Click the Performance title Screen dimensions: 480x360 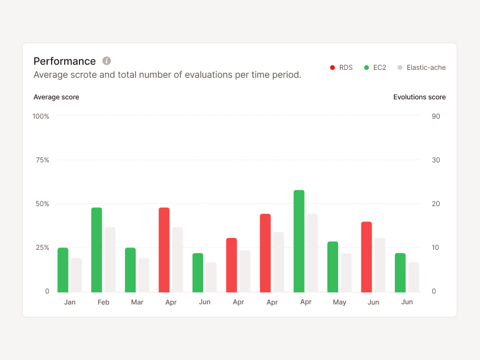pos(65,61)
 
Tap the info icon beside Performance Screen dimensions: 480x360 pos(107,61)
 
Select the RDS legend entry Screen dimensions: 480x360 pos(341,68)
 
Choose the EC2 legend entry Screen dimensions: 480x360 pos(375,68)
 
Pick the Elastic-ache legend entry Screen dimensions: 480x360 pos(421,68)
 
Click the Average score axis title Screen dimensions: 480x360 pos(56,97)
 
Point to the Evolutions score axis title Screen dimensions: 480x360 pos(419,97)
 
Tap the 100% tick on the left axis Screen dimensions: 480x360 pos(41,116)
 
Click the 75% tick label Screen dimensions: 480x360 pos(42,160)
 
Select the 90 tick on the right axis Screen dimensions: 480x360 pos(436,116)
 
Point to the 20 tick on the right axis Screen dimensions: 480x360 pos(436,204)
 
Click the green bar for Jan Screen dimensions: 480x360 pos(63,270)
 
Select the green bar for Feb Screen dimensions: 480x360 pos(96,250)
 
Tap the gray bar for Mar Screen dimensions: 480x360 pos(144,275)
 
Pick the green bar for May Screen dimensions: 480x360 pos(332,267)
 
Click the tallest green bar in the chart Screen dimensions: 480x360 pos(299,241)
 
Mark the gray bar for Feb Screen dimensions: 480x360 pos(110,260)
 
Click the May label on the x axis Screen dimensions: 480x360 pos(339,303)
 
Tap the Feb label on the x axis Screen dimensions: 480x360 pos(103,303)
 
